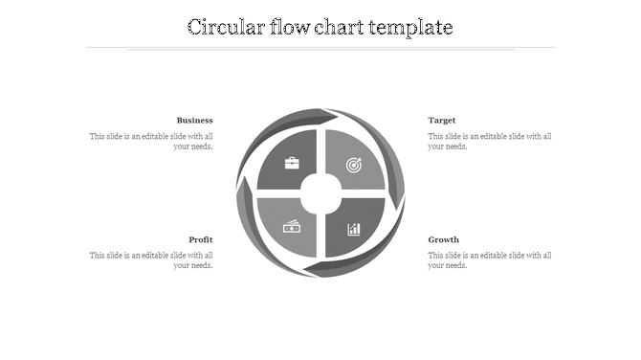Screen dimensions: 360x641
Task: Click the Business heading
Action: coord(194,121)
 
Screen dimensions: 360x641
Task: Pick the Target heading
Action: coord(442,121)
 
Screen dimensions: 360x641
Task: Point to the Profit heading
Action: coord(201,239)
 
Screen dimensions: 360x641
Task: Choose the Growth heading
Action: coord(444,239)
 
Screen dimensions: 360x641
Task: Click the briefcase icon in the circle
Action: coord(292,163)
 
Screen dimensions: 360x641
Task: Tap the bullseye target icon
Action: coord(354,165)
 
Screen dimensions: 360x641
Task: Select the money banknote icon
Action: coord(292,227)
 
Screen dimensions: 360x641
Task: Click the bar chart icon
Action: coord(354,229)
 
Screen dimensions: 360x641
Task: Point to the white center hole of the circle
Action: coord(321,194)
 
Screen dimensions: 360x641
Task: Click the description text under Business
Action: coord(151,142)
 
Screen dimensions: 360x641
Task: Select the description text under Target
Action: coord(490,142)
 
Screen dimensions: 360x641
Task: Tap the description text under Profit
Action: coord(151,260)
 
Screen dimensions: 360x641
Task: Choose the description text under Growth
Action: coord(490,260)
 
